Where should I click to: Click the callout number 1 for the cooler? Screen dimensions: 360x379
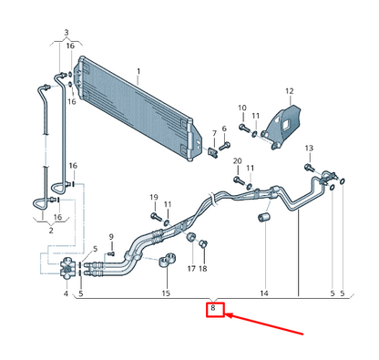(x=138, y=71)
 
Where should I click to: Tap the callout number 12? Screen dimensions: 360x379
(x=289, y=91)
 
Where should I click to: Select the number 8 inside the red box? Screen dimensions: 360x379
(x=213, y=309)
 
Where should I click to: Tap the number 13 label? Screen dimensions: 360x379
(x=309, y=148)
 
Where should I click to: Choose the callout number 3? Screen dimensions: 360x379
(x=66, y=33)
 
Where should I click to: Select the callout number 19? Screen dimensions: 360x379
(x=154, y=198)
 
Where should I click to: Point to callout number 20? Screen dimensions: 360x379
(x=237, y=161)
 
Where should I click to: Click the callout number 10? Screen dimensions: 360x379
(x=242, y=108)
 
